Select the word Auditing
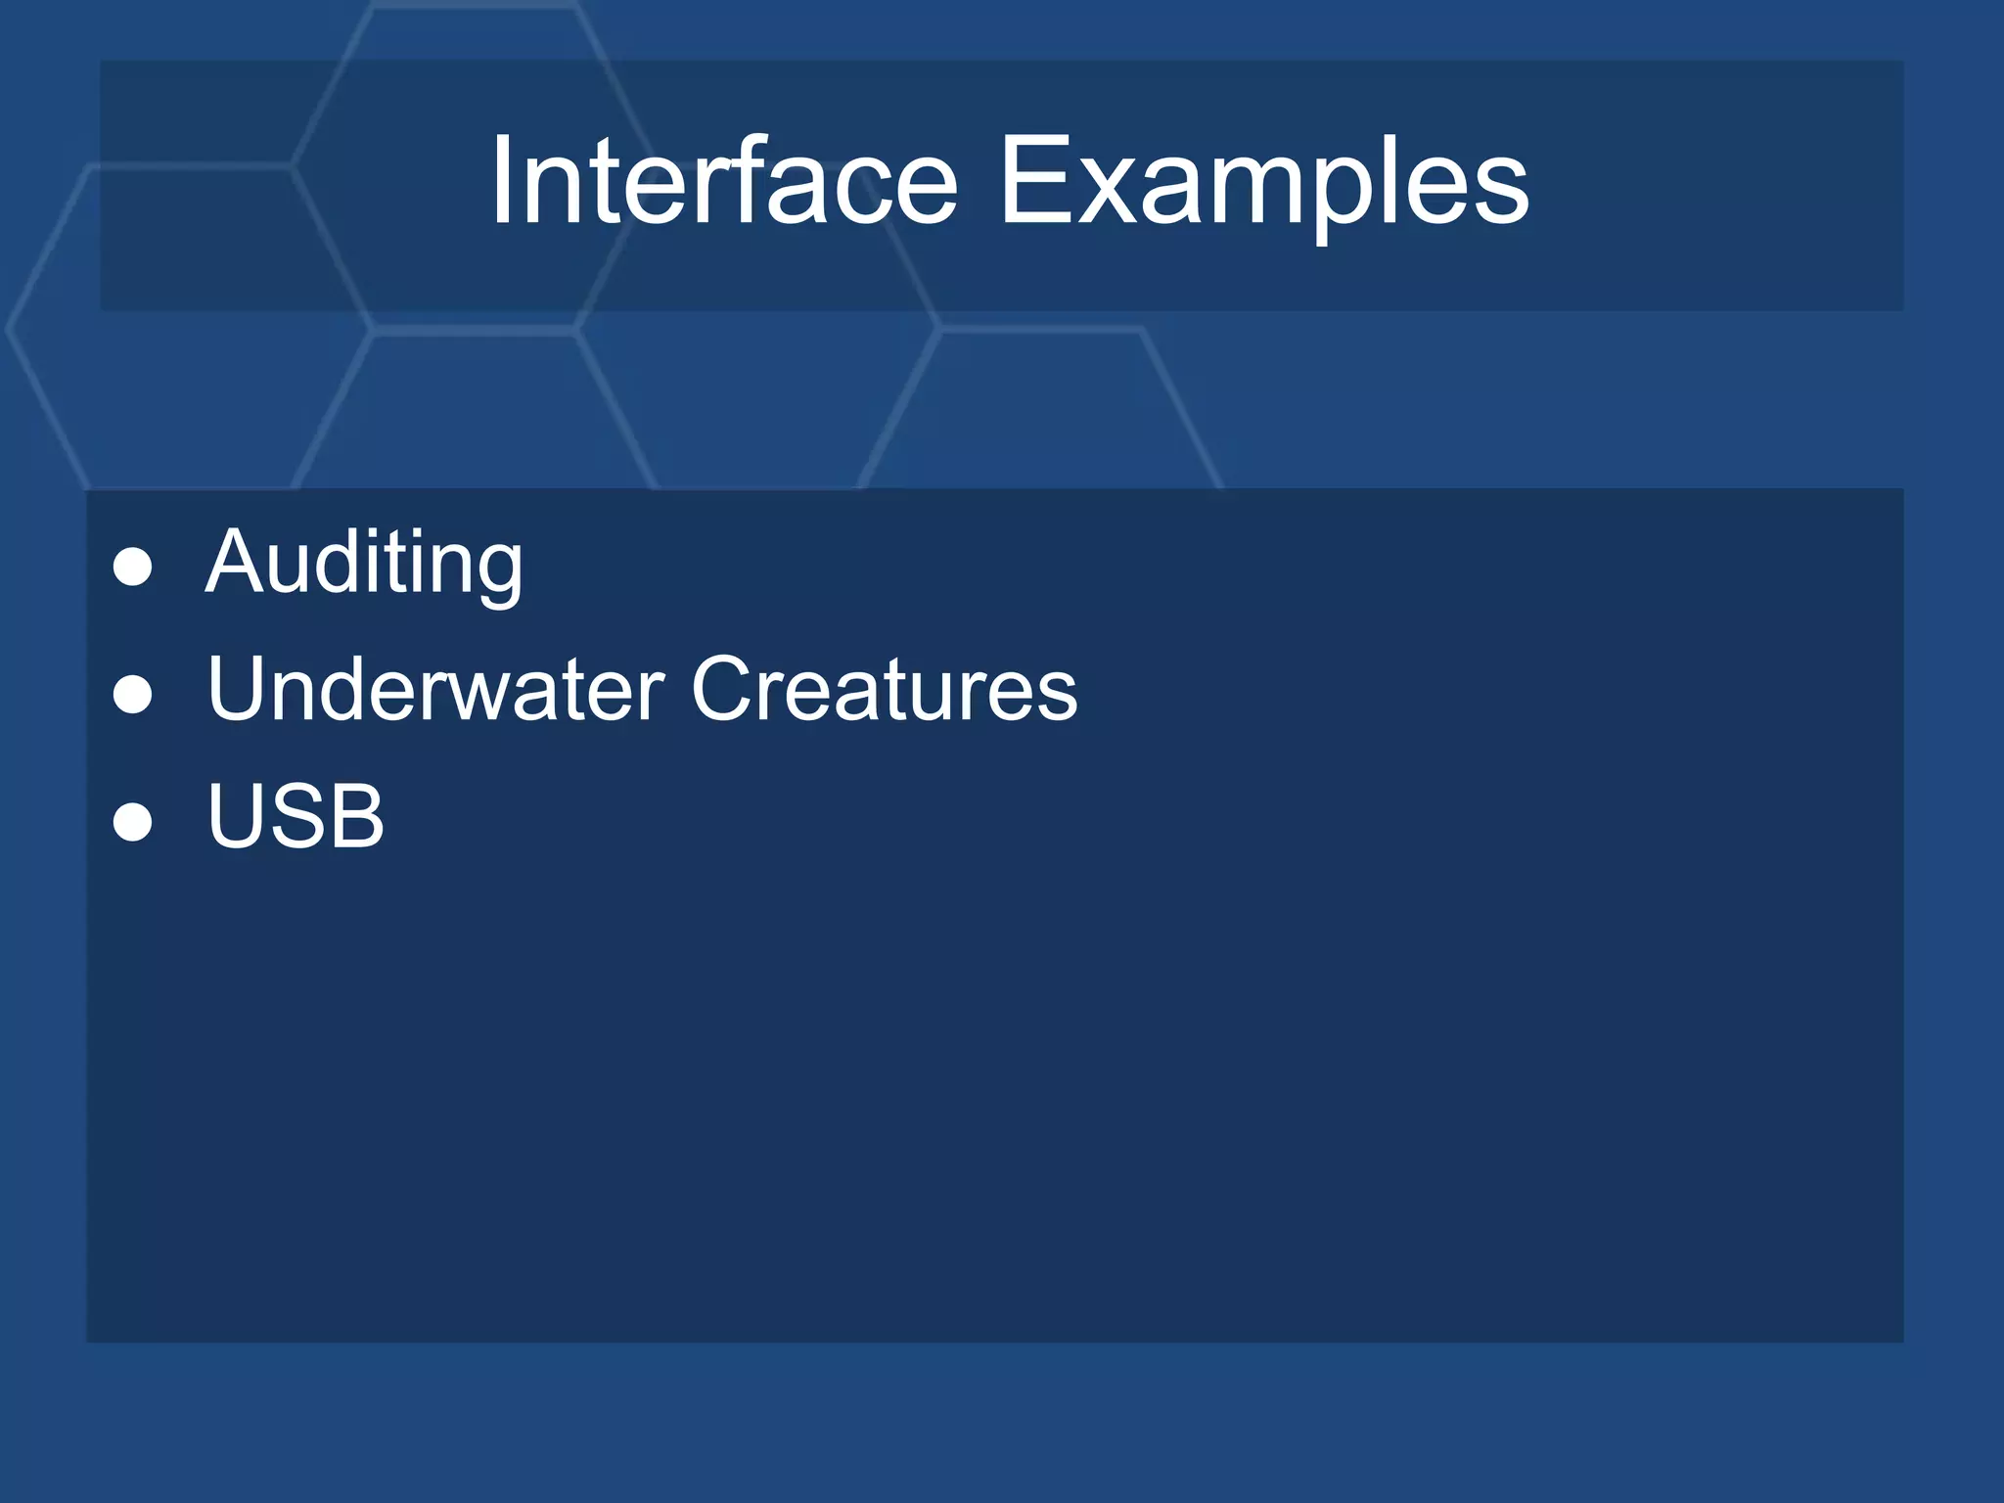364,562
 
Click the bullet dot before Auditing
132,567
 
